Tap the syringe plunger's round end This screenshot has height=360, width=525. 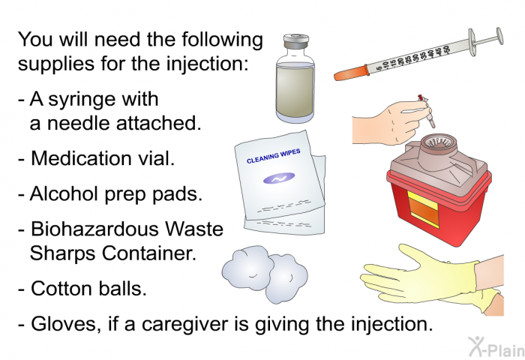[499, 36]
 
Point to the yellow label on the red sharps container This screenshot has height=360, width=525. [423, 210]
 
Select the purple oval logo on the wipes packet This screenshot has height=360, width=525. [279, 178]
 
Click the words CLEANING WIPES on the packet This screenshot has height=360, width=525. [274, 156]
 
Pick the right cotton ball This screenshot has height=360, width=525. [287, 278]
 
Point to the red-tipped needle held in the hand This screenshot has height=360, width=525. [426, 110]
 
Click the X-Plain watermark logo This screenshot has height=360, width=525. [496, 346]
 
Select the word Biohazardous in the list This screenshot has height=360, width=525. [94, 229]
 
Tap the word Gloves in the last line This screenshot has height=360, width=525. [66, 324]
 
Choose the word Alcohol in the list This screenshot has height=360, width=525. [64, 193]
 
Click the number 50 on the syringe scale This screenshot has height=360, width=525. [446, 50]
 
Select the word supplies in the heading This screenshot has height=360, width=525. [56, 64]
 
